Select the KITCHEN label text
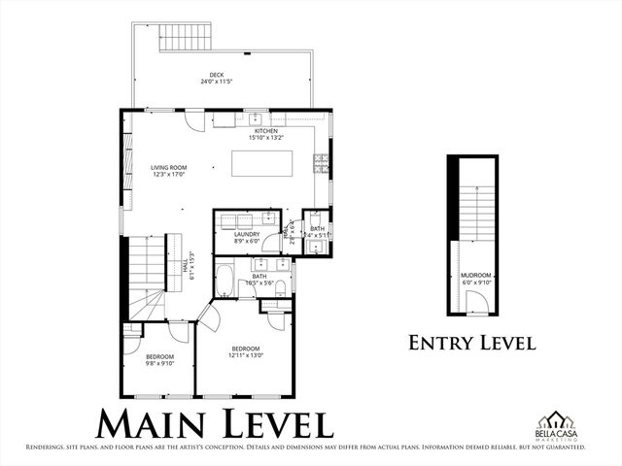tap(266, 131)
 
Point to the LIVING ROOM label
tap(168, 168)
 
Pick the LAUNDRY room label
tap(247, 234)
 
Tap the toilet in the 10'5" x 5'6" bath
tap(280, 286)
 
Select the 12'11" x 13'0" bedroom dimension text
tap(246, 355)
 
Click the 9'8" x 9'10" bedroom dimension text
tap(158, 364)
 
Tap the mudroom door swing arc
tap(475, 302)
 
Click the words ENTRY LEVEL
tap(471, 342)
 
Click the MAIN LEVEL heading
tap(215, 423)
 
